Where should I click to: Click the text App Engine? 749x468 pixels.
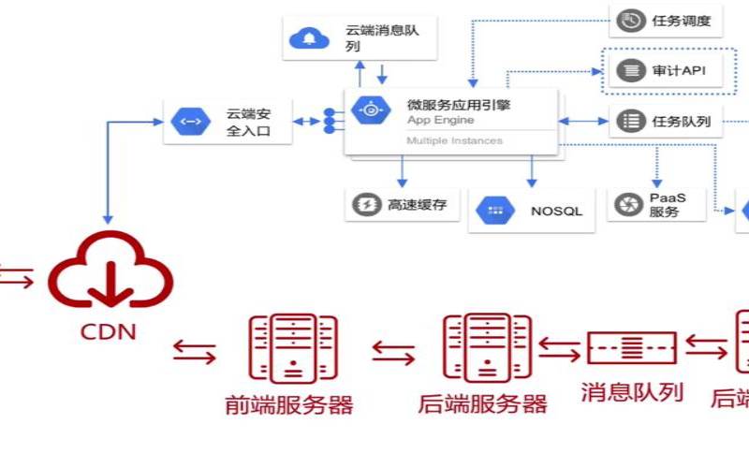440,120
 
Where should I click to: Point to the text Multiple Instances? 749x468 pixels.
454,141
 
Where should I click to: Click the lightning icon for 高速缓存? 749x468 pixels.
363,204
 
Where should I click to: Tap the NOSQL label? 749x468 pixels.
556,211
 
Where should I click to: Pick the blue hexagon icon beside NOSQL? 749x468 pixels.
495,211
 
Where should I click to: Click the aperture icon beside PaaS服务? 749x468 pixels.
626,204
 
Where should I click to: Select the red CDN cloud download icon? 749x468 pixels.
110,271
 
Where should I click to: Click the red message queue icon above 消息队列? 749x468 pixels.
631,348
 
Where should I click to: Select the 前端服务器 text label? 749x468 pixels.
289,404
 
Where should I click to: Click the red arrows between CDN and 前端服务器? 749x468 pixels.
195,353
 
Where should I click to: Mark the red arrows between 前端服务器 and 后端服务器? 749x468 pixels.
393,352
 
